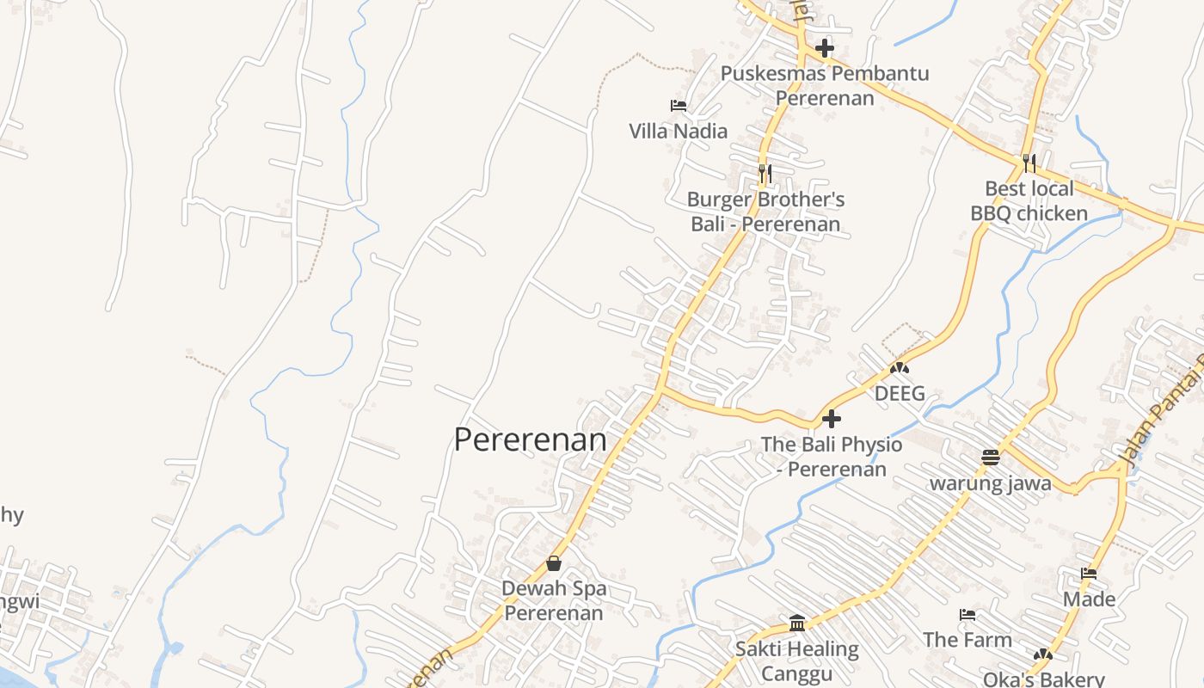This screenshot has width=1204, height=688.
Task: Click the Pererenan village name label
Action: tap(530, 439)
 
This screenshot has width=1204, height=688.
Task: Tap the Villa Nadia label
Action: tap(678, 132)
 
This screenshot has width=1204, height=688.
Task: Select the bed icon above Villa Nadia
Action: tap(678, 106)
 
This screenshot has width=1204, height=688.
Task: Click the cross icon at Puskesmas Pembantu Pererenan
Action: tap(825, 48)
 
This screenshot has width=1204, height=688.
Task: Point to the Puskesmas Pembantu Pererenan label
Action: tap(825, 85)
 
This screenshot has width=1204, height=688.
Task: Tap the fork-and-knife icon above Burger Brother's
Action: tap(765, 174)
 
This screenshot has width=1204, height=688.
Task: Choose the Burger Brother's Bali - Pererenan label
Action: tap(765, 212)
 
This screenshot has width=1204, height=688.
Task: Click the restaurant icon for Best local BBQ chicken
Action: tap(1029, 163)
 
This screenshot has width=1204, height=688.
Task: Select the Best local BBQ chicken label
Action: tap(1029, 201)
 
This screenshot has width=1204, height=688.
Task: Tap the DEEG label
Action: tap(900, 394)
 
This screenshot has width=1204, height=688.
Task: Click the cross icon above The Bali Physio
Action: tap(832, 420)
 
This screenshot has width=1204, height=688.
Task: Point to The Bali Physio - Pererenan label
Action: tap(832, 457)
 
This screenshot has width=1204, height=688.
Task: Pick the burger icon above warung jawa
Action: tap(990, 457)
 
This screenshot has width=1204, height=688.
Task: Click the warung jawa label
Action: tap(990, 483)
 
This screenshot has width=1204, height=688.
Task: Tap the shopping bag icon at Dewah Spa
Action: tap(554, 563)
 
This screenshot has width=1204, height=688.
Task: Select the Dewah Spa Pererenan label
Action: tap(554, 601)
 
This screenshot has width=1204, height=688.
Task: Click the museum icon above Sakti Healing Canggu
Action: tap(796, 623)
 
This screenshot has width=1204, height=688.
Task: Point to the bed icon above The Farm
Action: tap(967, 615)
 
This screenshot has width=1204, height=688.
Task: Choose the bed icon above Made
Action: tap(1089, 574)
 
